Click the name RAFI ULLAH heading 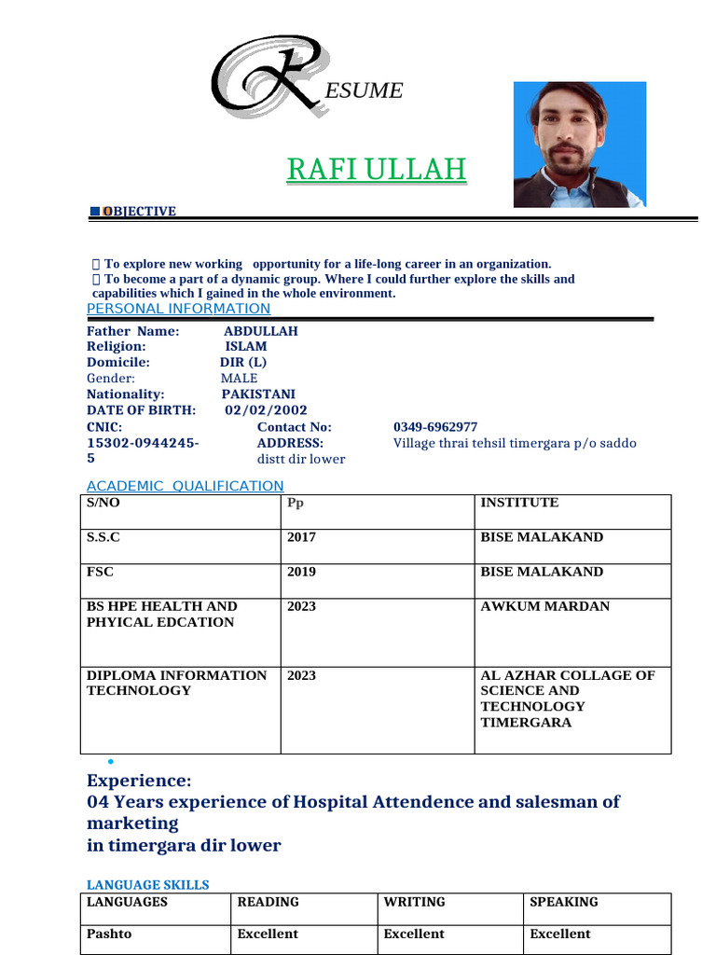coord(376,170)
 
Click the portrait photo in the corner coord(579,144)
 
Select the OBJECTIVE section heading coord(139,212)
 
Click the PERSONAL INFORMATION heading coord(178,309)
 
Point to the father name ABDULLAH coord(260,331)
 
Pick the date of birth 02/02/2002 coord(266,410)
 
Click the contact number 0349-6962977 coord(435,427)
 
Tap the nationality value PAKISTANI coord(258,394)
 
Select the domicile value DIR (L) coord(243,363)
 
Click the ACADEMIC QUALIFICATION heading coord(185,486)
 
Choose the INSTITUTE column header coord(519,503)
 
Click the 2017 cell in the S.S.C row coord(301,537)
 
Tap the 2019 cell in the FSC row coord(301,572)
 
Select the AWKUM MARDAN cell coord(544,606)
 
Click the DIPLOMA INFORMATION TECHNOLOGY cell coord(176,683)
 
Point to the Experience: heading coord(139,781)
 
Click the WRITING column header coord(414,902)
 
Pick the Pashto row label coord(110,934)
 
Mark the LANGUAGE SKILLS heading coord(147,884)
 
